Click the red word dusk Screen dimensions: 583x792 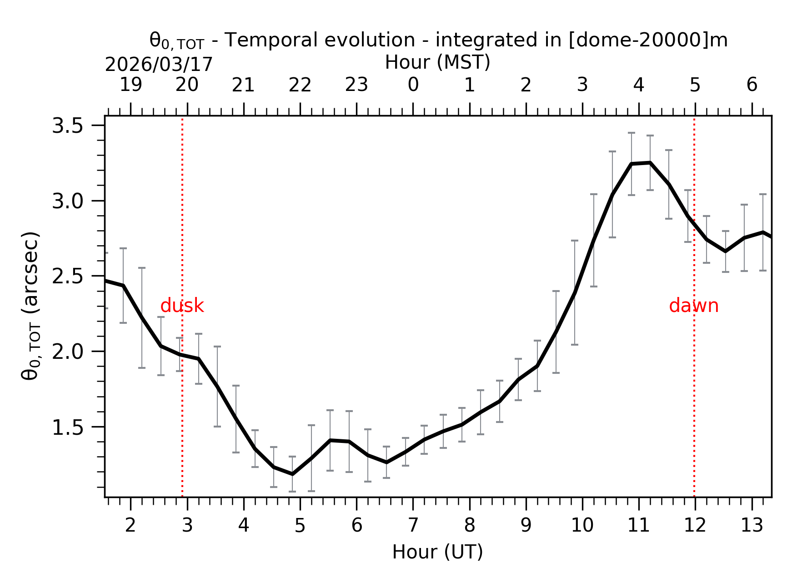182,306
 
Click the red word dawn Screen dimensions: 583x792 693,306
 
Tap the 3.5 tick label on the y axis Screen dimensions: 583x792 67,126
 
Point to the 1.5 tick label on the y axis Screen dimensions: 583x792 67,427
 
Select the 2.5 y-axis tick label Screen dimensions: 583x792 67,276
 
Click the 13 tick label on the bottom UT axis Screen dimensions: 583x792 752,526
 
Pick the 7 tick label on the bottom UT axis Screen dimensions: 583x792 413,526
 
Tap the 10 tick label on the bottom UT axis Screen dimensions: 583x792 582,526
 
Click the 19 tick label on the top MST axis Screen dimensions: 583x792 131,85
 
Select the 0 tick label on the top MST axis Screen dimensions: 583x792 413,85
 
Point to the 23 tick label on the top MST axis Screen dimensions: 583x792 356,85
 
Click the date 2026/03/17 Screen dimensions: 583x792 159,65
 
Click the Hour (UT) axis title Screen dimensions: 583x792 437,552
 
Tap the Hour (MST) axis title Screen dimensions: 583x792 437,62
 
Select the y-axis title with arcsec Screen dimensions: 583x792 31,306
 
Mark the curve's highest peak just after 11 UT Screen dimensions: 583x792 650,162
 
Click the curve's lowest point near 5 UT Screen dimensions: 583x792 292,474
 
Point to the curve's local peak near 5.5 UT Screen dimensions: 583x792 330,440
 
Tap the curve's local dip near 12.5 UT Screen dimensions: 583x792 725,251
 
